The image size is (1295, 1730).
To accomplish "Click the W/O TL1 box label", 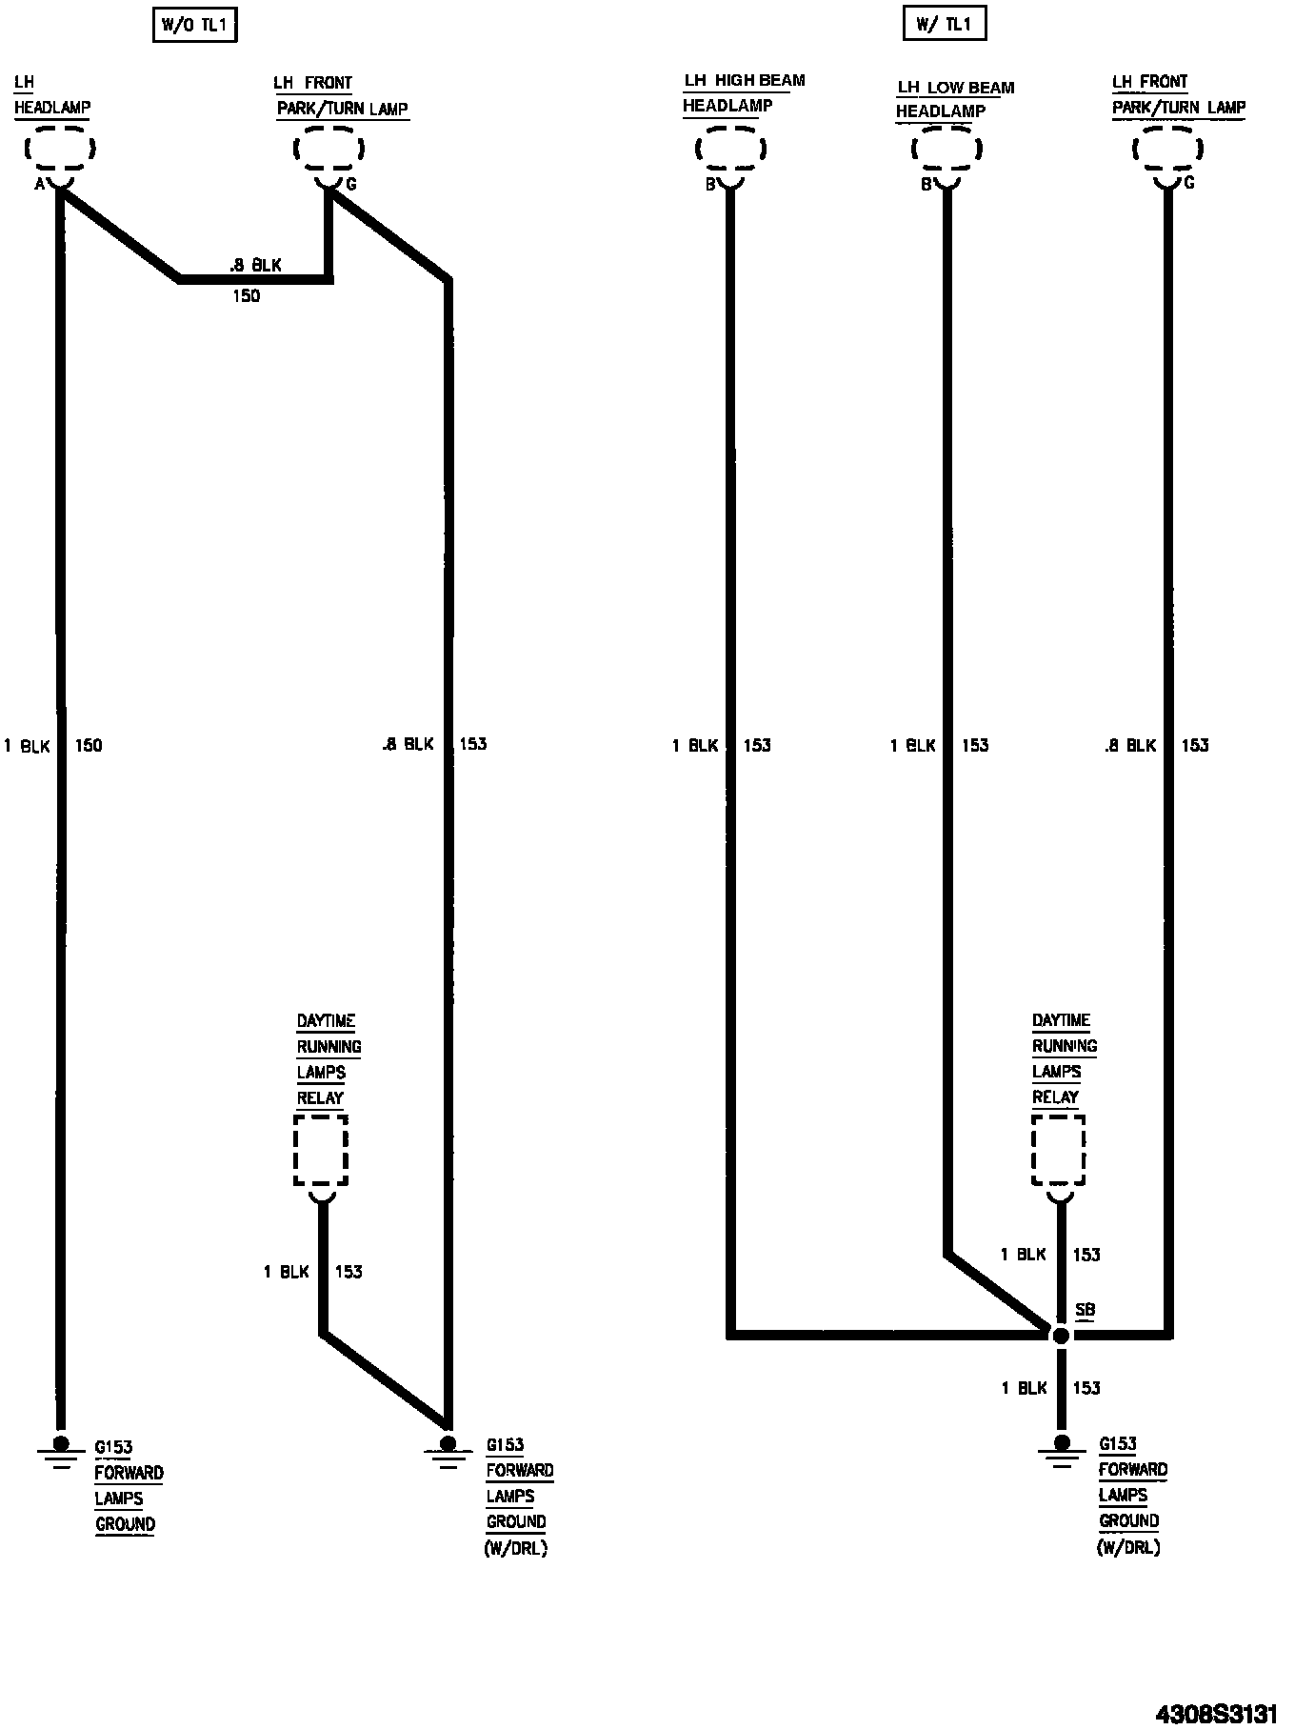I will (x=193, y=26).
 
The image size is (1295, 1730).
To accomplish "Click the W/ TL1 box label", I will (x=944, y=24).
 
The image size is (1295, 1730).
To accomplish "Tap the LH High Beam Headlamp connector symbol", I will (x=730, y=150).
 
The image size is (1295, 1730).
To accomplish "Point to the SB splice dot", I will (x=1061, y=1336).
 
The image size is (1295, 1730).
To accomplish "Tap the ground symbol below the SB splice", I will (x=1061, y=1452).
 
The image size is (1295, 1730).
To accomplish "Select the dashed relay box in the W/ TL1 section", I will (x=1059, y=1151).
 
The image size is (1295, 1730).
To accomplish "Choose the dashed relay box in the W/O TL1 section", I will (x=321, y=1152).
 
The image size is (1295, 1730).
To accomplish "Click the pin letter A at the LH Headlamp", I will (x=40, y=184).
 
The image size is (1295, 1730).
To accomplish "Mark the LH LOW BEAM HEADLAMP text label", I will (x=954, y=99).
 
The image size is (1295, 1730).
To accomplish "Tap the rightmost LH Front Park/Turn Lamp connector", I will (x=1167, y=150).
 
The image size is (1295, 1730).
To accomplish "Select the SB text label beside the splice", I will (x=1085, y=1311).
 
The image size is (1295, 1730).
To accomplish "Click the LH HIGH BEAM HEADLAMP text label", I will (x=744, y=92).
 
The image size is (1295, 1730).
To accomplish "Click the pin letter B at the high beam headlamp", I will (x=710, y=185).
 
